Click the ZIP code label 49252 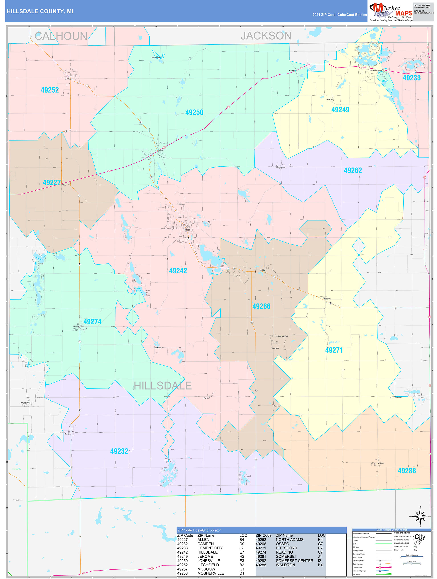[x=50, y=90]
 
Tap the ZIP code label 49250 [x=194, y=112]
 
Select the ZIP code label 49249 [x=340, y=110]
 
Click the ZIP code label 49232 [x=119, y=451]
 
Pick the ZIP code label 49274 [x=92, y=322]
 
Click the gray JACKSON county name [x=266, y=36]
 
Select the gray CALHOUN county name [x=61, y=36]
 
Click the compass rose [x=420, y=516]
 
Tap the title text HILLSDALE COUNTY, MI [x=40, y=11]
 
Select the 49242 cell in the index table [x=182, y=552]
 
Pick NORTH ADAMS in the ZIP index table [x=289, y=540]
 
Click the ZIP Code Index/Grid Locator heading [x=199, y=530]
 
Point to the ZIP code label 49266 [x=261, y=306]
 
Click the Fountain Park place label [x=283, y=336]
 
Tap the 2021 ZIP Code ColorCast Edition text [x=339, y=15]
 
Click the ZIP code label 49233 [x=411, y=78]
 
